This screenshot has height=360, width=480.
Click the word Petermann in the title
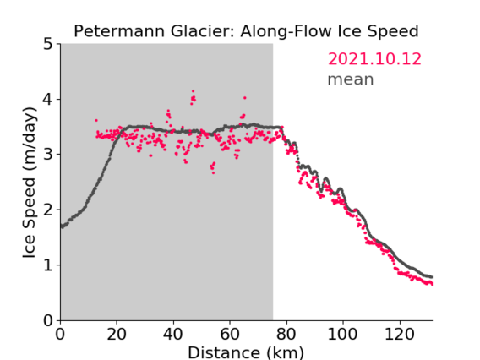pos(120,31)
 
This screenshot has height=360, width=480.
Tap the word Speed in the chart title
pos(393,32)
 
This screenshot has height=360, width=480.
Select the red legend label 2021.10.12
pos(374,59)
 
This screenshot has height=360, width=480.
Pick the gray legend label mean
pos(351,79)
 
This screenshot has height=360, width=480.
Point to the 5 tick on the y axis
pos(48,44)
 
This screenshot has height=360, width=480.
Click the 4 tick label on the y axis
pos(48,100)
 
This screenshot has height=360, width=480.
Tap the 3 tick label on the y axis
pos(48,155)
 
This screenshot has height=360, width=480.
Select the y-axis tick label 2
pos(48,210)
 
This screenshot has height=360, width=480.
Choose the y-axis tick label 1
pos(48,265)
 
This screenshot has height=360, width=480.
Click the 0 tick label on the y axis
pos(48,321)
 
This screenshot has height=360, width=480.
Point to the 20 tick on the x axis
pos(117,335)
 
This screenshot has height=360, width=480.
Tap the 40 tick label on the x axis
pos(173,335)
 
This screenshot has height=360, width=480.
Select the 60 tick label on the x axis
pos(230,335)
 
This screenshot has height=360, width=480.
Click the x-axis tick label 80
pos(286,335)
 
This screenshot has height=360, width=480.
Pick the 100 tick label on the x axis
pos(342,335)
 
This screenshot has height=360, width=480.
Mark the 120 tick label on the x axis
pos(399,335)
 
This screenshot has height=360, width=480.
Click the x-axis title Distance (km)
pos(246,352)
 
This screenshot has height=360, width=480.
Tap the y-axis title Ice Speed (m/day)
pos(30,183)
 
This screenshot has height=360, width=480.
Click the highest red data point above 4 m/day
pos(193,91)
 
